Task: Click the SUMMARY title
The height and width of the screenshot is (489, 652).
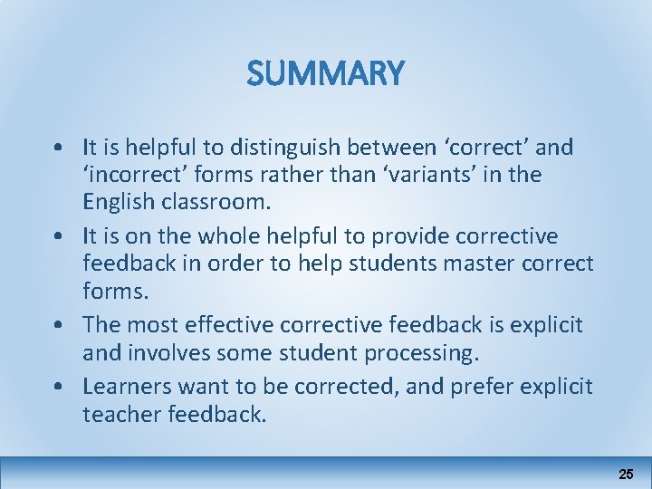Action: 326,73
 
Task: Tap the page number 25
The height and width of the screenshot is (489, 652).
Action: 626,474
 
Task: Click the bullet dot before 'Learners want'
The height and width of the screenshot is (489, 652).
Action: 57,386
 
